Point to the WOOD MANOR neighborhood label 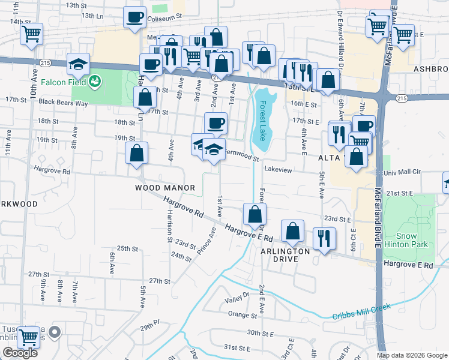click(x=164, y=188)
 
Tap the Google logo click(x=20, y=353)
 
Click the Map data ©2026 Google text click(x=411, y=355)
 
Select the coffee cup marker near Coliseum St click(x=135, y=16)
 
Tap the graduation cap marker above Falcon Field click(x=77, y=64)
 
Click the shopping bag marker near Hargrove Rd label click(x=137, y=152)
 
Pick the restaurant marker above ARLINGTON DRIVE click(x=322, y=238)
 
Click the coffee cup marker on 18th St click(x=216, y=123)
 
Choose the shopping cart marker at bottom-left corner click(x=28, y=337)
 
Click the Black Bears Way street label click(x=63, y=103)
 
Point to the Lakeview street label click(x=277, y=170)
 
